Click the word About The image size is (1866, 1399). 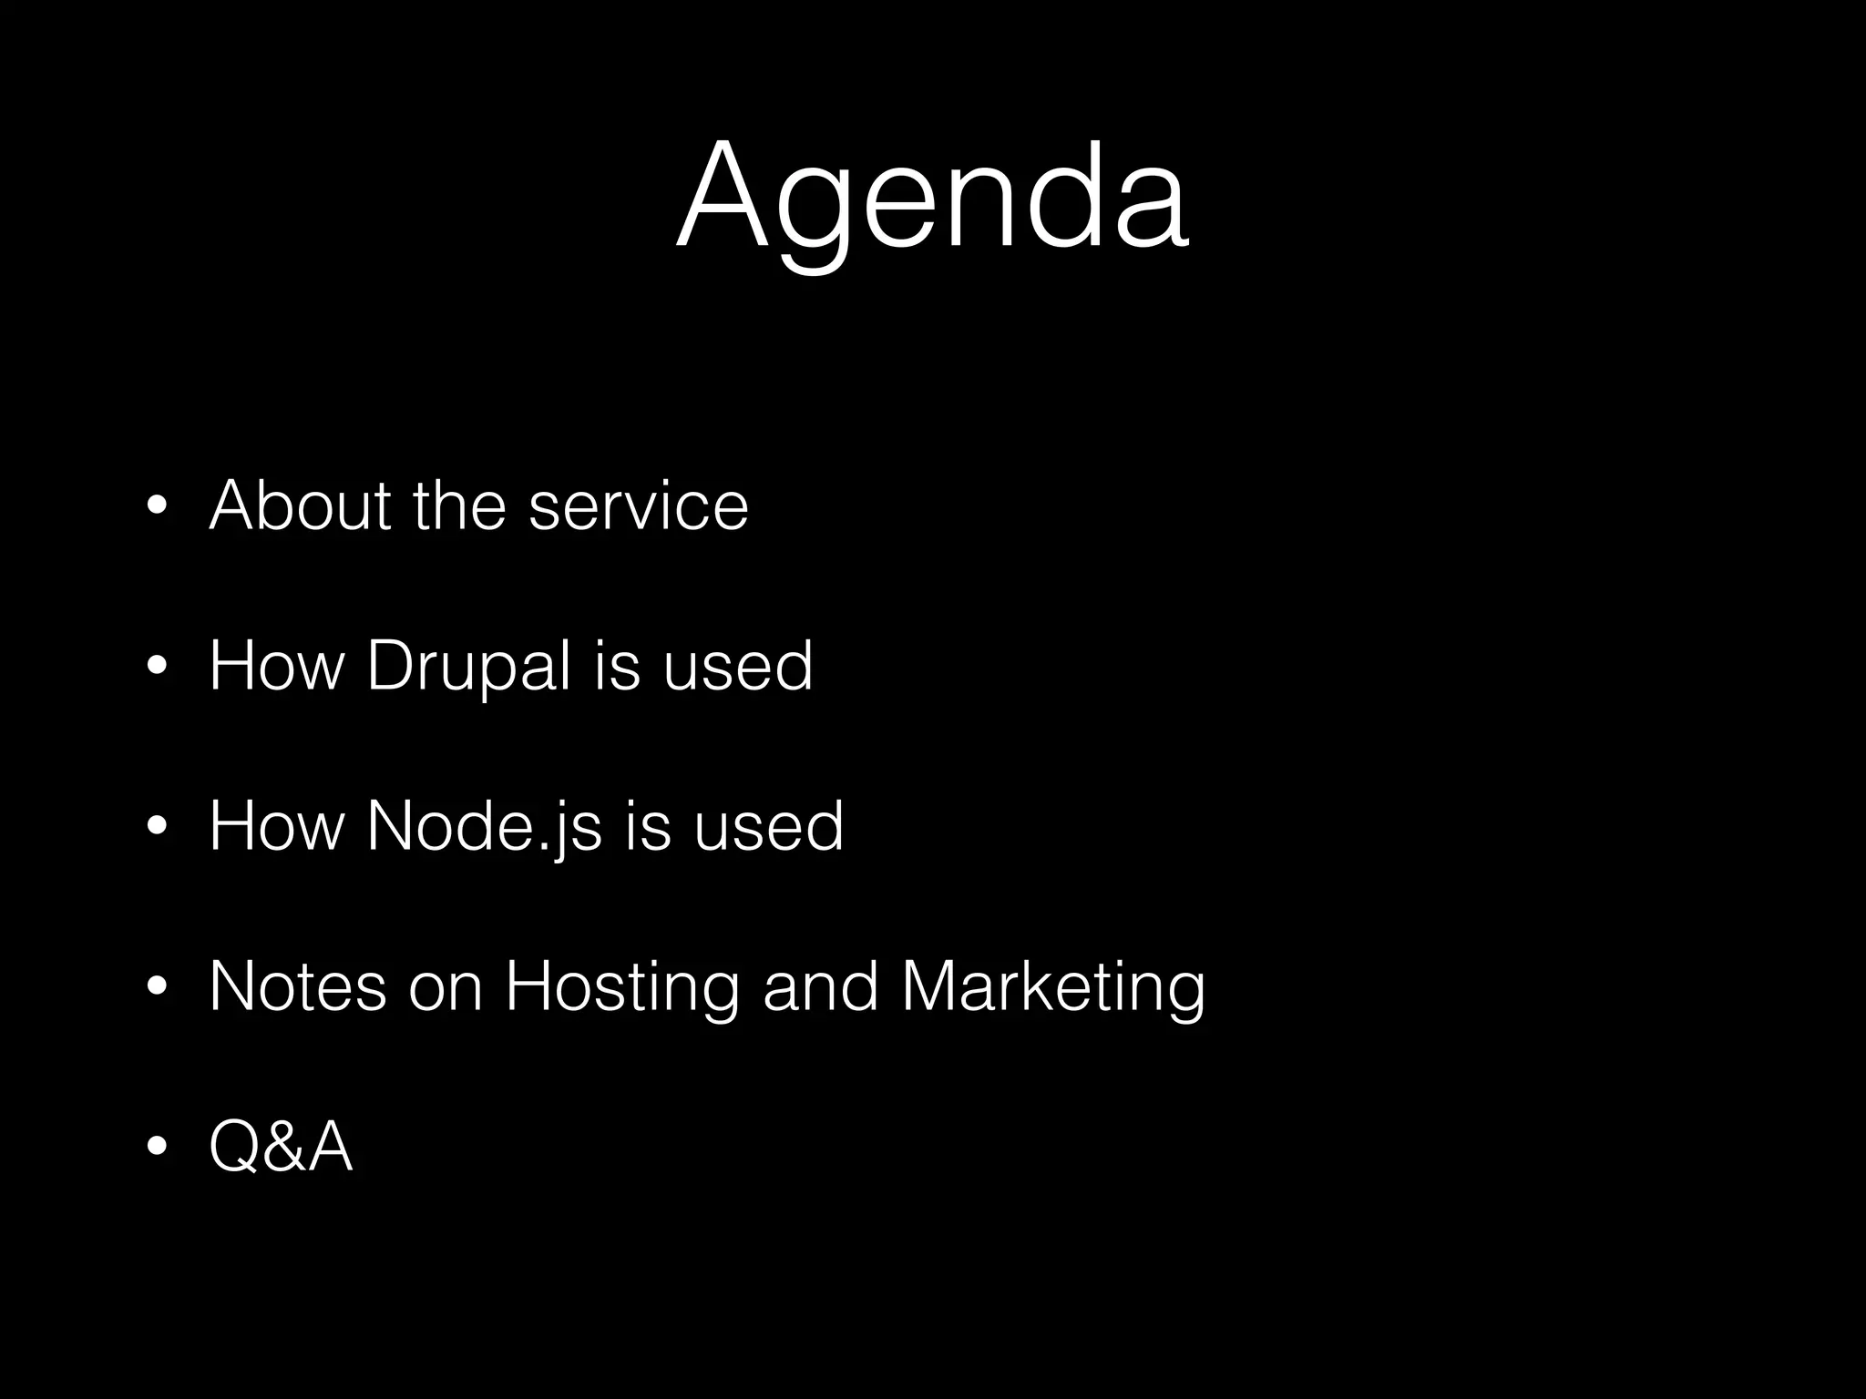[x=300, y=505]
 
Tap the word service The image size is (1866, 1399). [x=638, y=505]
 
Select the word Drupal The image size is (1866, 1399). [x=468, y=667]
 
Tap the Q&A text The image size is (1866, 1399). [x=281, y=1147]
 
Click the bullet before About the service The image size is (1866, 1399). [x=156, y=507]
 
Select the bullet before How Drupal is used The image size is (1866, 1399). [x=156, y=668]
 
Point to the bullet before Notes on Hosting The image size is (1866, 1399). [x=156, y=987]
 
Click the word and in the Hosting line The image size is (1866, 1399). [x=821, y=986]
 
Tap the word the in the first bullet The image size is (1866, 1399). [x=459, y=505]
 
